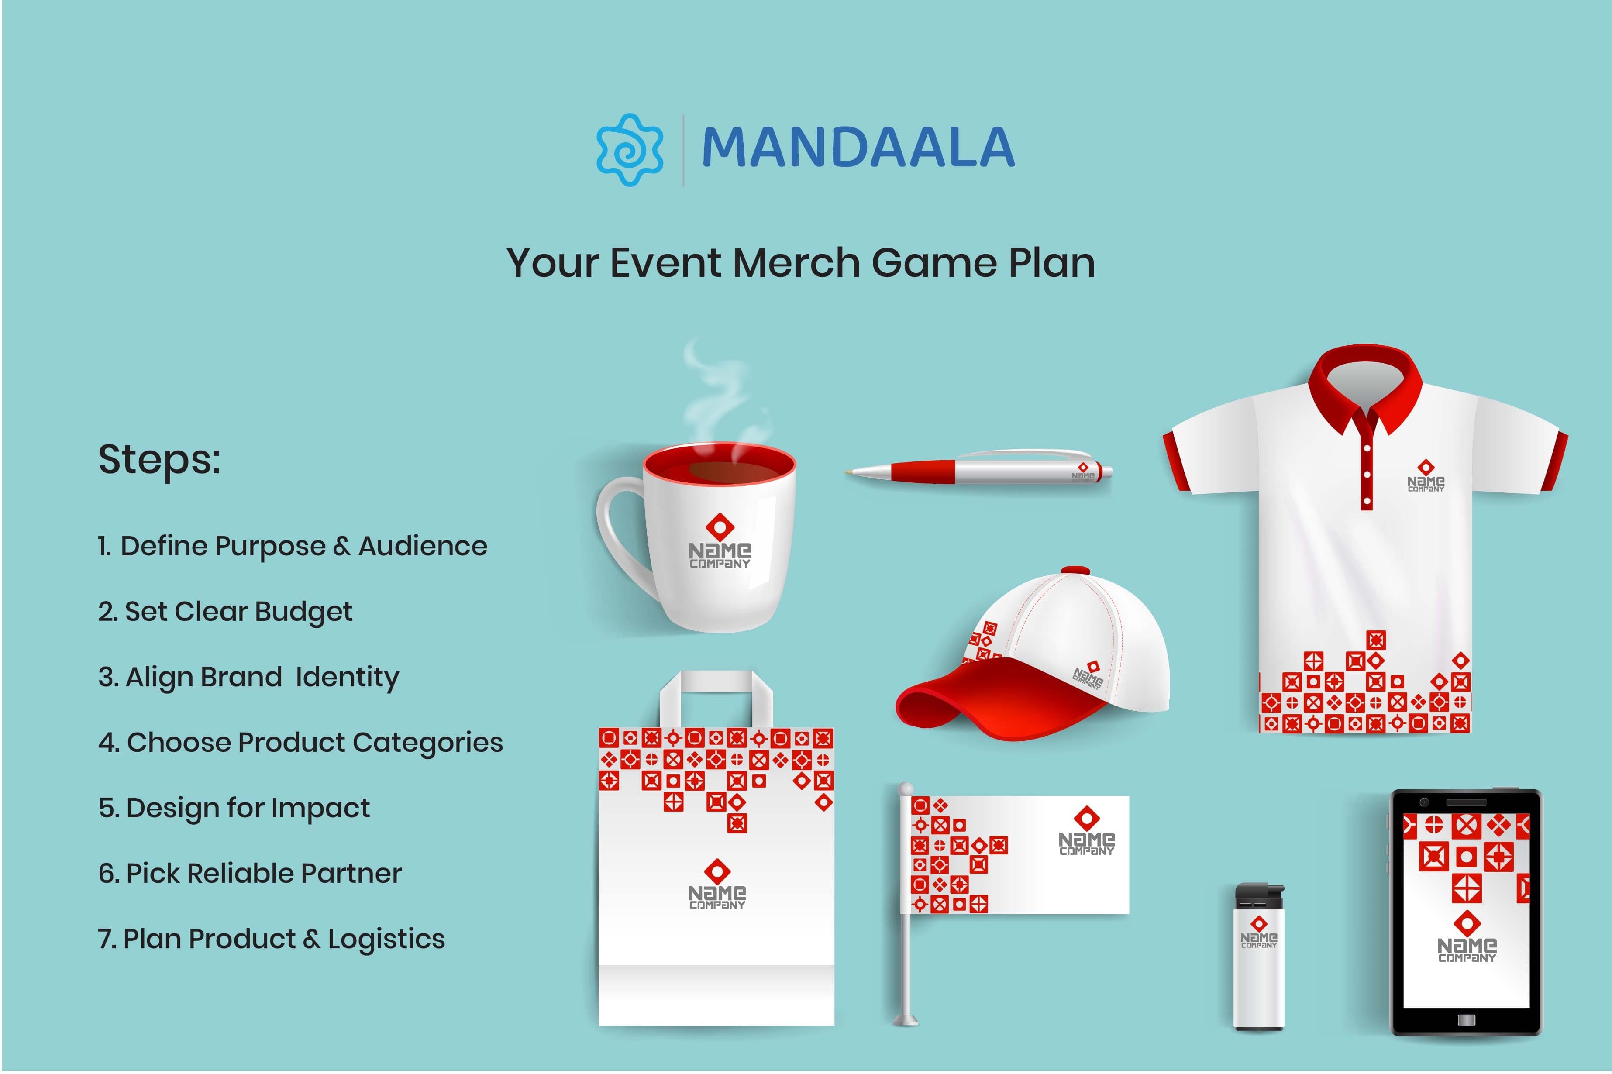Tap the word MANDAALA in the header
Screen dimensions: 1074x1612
[x=858, y=148]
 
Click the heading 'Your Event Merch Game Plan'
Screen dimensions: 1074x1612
[x=800, y=263]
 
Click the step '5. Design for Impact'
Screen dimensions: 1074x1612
[x=234, y=808]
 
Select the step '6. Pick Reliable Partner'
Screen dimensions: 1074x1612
[x=250, y=873]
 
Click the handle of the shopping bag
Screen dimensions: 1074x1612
[x=716, y=685]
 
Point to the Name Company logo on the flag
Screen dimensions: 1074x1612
[x=1086, y=832]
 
